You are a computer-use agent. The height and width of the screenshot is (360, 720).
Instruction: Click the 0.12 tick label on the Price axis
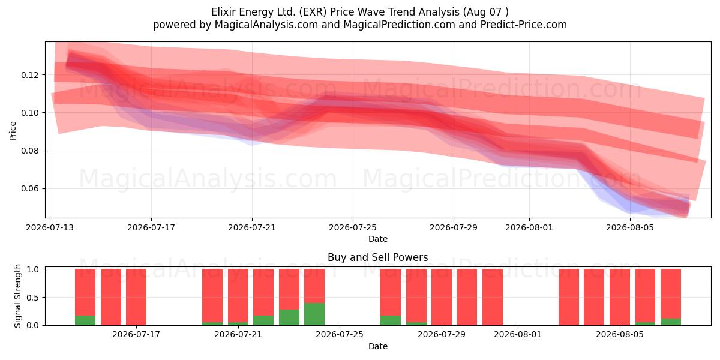click(29, 75)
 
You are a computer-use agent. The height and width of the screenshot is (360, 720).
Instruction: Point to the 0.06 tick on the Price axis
click(29, 188)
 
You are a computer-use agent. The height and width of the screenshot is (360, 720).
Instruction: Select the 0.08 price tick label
click(29, 151)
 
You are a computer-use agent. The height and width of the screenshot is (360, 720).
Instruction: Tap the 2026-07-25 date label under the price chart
click(353, 228)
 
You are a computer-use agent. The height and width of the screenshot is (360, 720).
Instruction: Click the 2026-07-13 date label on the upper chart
click(50, 228)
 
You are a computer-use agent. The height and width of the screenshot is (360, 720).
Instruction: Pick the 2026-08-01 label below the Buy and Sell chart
click(517, 335)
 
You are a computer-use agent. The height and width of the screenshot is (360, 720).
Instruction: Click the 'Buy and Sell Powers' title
click(377, 257)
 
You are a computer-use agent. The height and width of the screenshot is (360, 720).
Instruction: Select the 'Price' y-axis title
click(13, 131)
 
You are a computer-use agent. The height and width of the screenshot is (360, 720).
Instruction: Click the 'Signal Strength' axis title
click(17, 296)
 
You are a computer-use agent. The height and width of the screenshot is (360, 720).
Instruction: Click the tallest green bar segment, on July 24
click(314, 314)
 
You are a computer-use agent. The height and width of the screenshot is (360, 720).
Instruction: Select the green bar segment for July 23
click(289, 317)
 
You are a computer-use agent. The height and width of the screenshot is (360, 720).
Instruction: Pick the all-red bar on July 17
click(136, 297)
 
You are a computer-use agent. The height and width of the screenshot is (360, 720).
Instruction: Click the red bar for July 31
click(493, 297)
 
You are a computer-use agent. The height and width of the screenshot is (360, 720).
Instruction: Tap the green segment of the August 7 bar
click(671, 322)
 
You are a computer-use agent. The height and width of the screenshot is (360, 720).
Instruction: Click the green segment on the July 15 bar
click(85, 320)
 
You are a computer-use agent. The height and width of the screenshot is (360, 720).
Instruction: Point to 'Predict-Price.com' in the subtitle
click(524, 25)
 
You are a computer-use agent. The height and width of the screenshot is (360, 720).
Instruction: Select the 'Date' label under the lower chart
click(377, 347)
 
